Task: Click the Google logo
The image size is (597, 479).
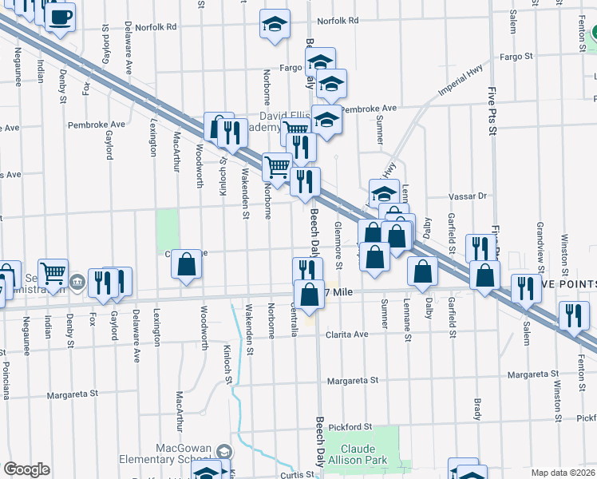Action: (26, 469)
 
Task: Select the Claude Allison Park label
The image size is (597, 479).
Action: (363, 455)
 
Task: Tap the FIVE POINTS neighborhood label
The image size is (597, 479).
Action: (568, 285)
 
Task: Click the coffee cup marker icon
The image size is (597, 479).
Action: (61, 16)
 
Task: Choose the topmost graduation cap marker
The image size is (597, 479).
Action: (275, 23)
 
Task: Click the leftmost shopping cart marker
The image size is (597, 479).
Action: (53, 273)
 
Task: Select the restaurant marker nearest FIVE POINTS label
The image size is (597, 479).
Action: (526, 288)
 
